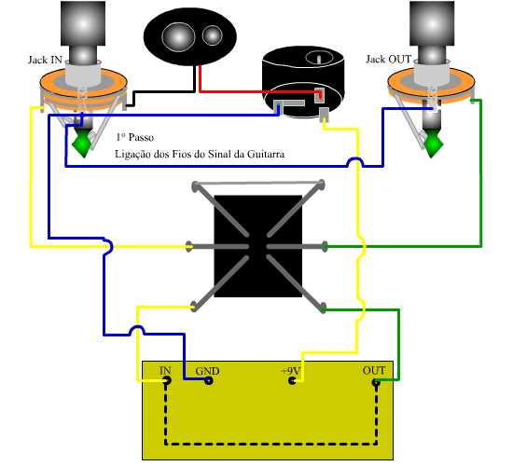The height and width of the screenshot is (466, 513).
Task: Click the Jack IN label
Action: [x=45, y=60]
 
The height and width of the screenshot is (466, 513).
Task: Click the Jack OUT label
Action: [x=388, y=60]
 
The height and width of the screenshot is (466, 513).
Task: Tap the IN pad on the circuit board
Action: [x=167, y=380]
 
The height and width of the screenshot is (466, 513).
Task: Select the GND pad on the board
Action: [x=209, y=380]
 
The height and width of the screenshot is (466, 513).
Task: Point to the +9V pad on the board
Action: [x=293, y=380]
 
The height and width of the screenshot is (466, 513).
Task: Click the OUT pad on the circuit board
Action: [x=376, y=382]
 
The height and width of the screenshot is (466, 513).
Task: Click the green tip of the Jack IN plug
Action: [x=82, y=144]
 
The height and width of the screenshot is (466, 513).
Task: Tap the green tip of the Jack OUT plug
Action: [x=433, y=144]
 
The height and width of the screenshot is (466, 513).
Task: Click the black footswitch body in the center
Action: [x=257, y=246]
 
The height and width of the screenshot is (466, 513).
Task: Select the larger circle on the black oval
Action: [x=179, y=37]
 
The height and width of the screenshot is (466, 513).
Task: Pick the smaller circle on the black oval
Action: [x=213, y=35]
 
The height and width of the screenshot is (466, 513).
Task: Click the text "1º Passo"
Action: [x=135, y=137]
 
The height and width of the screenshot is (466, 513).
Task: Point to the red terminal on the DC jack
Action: [x=320, y=94]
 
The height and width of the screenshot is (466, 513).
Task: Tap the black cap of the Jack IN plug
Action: [x=83, y=23]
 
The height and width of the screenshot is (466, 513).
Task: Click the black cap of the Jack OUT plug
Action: [x=432, y=23]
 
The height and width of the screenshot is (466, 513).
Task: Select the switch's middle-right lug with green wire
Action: [x=325, y=247]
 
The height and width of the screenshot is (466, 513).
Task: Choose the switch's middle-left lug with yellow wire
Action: [x=188, y=247]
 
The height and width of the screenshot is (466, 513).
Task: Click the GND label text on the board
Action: [x=207, y=371]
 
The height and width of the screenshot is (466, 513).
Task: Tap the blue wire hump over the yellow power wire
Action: [x=355, y=160]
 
